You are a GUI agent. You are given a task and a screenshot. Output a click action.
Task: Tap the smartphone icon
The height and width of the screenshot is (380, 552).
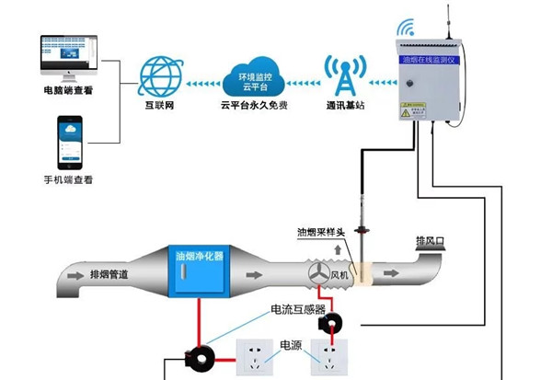coord(71,142)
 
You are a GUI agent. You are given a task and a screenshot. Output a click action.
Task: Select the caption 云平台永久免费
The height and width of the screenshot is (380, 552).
coord(254,106)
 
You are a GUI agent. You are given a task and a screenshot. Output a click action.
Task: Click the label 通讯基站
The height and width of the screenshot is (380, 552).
coord(345,106)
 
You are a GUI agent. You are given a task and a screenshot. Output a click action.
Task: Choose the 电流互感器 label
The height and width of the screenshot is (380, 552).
coord(296,310)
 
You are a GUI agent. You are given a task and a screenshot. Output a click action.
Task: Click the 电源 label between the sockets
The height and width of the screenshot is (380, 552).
coord(290,345)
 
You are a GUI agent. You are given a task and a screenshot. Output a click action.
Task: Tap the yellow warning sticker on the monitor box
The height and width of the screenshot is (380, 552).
coord(408,109)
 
